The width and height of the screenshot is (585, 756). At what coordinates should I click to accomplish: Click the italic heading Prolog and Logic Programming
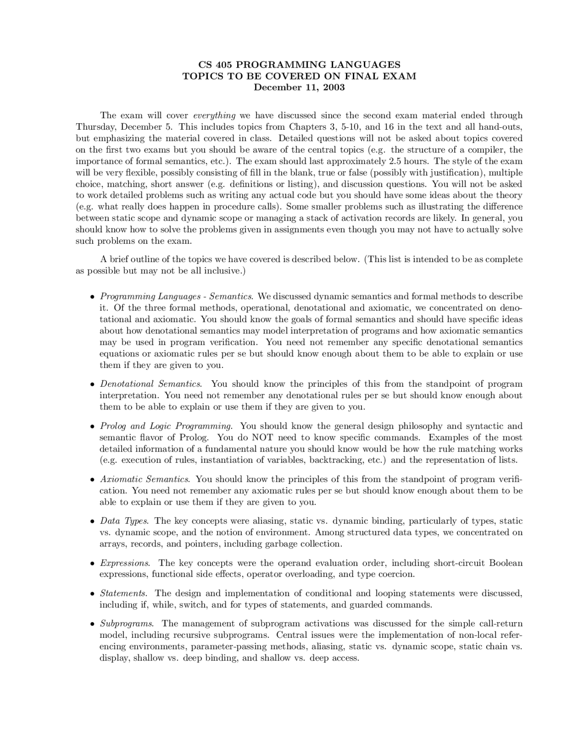click(x=166, y=426)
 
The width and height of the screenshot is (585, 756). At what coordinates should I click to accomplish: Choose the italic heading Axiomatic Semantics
click(x=145, y=479)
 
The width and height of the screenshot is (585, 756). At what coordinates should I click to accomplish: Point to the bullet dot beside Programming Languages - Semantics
click(x=93, y=297)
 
